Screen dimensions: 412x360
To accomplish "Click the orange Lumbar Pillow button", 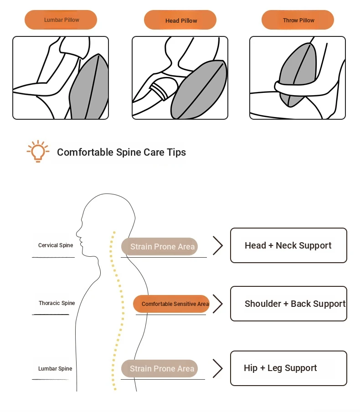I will pyautogui.click(x=61, y=20).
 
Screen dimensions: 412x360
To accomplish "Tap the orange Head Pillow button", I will pyautogui.click(x=180, y=20).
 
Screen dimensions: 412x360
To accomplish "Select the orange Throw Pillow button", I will pyautogui.click(x=298, y=20).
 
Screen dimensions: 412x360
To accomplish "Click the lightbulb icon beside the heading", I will pyautogui.click(x=38, y=151).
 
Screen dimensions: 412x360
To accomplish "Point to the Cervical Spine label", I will pyautogui.click(x=56, y=245).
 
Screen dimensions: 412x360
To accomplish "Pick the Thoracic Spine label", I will pyautogui.click(x=57, y=303).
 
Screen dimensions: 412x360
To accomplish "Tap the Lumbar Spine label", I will pyautogui.click(x=55, y=369).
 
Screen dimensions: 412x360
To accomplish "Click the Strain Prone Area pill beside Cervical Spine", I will pyautogui.click(x=159, y=247).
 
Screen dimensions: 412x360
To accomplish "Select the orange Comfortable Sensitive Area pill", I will pyautogui.click(x=171, y=304).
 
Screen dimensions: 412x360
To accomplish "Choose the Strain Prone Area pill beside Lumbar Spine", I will pyautogui.click(x=159, y=369).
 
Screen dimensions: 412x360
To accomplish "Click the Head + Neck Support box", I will pyautogui.click(x=288, y=245).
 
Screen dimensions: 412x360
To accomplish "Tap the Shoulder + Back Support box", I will pyautogui.click(x=288, y=304).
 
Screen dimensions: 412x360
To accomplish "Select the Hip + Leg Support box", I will pyautogui.click(x=288, y=368).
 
